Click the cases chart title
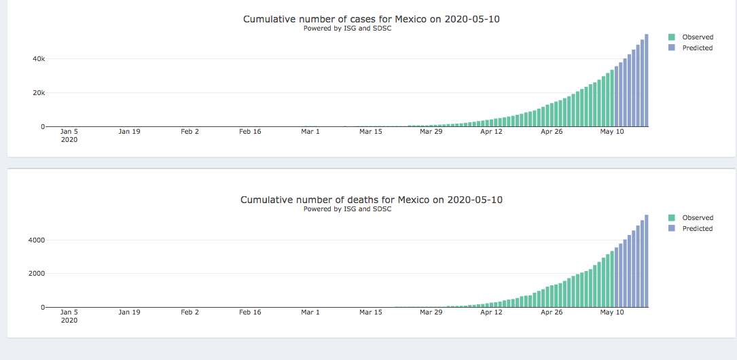371,19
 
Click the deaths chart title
371,200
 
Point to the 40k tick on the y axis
39,59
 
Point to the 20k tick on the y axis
39,93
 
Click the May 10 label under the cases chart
611,132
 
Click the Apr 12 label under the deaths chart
491,312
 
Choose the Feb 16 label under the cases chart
250,132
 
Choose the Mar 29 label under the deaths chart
431,312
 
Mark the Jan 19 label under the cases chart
129,132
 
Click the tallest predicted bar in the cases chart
647,82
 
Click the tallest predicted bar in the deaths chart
647,262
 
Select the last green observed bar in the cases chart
612,98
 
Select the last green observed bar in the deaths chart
612,279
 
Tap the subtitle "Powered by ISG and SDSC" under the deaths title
347,209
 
